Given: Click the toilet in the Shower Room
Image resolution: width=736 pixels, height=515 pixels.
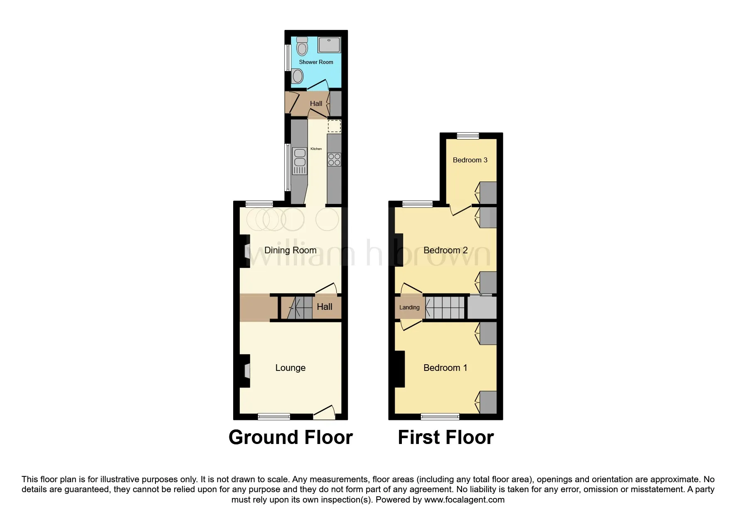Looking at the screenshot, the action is [302, 46].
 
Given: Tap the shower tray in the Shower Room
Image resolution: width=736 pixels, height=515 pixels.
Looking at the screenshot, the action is [329, 45].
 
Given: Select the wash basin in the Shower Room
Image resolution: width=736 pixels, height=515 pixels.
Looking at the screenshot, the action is [297, 76].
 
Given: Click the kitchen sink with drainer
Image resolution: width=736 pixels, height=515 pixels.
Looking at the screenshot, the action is [300, 161].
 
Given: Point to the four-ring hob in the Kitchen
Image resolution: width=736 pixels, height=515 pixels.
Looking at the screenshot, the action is [334, 159].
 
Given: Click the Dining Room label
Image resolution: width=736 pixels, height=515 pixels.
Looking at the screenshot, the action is [290, 250].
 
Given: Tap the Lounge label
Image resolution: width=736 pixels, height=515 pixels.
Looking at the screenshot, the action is [290, 368].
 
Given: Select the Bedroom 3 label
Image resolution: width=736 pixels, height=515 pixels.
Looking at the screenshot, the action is [470, 160].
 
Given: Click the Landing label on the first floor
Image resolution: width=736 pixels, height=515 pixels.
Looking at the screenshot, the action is [409, 307].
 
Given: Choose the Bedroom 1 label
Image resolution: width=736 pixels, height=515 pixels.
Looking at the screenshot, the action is [445, 368].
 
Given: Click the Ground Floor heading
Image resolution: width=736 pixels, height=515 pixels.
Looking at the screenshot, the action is [290, 437].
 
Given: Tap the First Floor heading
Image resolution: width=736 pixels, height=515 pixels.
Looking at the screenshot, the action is [446, 437].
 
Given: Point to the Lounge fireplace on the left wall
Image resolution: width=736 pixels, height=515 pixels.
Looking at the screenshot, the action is [245, 371].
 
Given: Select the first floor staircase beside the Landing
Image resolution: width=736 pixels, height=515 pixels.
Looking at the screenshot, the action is [445, 307].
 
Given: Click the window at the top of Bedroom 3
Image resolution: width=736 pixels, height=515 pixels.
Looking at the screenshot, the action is [468, 135].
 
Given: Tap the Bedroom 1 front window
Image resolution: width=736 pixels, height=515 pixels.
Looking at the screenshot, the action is [440, 417].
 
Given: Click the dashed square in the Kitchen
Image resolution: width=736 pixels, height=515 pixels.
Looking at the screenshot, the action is [334, 126].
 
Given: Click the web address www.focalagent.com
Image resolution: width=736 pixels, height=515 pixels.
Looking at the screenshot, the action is [464, 500].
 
